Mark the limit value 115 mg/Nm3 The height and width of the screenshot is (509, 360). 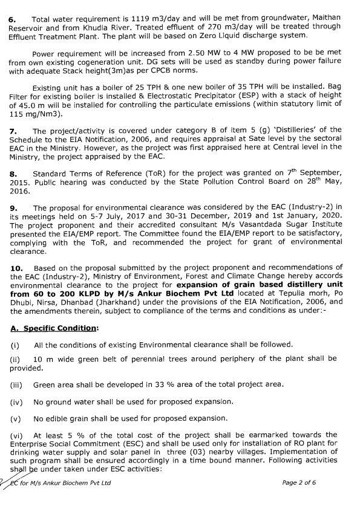click(x=35, y=113)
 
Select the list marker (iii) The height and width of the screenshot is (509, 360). click(x=16, y=384)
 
